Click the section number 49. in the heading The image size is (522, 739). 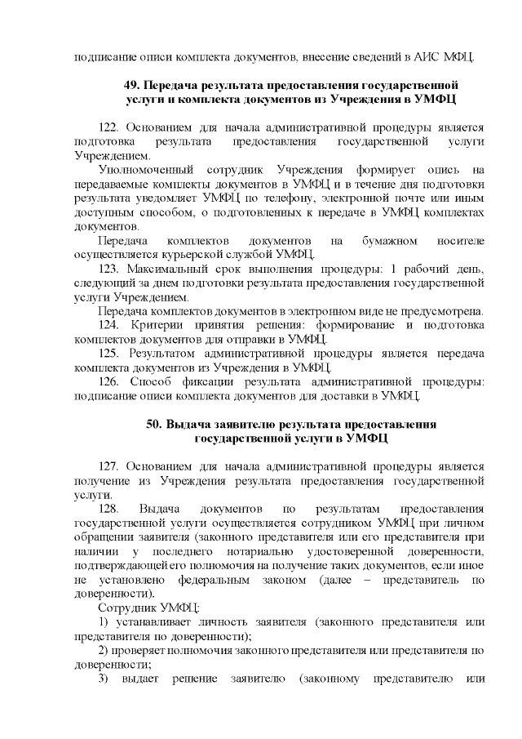pyautogui.click(x=131, y=85)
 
